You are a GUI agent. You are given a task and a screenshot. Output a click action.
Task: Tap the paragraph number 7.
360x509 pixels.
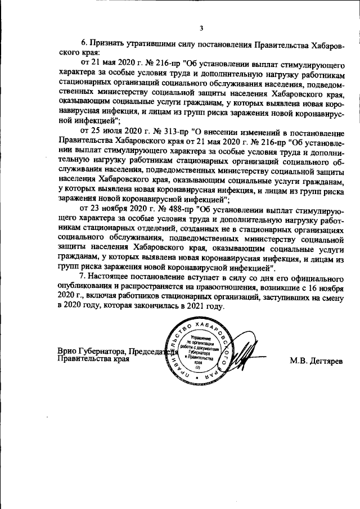click(x=84, y=278)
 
